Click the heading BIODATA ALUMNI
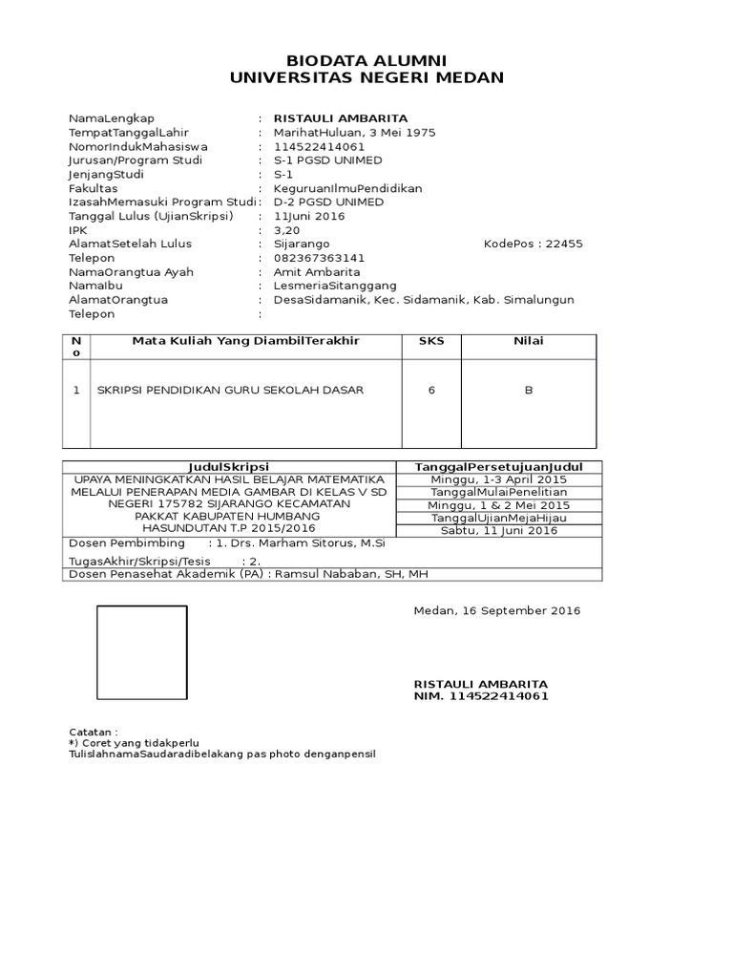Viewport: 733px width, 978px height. (367, 61)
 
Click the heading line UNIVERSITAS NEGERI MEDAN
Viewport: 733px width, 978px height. (367, 78)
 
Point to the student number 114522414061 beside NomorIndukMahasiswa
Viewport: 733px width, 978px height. (319, 147)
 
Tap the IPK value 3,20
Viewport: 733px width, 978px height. (286, 230)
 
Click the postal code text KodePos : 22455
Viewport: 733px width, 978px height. (534, 244)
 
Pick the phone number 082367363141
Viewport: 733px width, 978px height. (319, 258)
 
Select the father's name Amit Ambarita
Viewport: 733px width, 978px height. (314, 272)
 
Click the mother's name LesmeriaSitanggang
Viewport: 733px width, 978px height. (335, 286)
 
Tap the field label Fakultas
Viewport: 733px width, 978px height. (93, 188)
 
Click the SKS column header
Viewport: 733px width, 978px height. (431, 341)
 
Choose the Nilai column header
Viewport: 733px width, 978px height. (528, 341)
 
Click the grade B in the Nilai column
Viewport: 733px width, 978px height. (528, 390)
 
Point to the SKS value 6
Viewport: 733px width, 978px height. (431, 390)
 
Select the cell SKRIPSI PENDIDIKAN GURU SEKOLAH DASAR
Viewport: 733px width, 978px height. (230, 390)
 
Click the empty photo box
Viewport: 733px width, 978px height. (142, 653)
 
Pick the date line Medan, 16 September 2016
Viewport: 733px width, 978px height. (496, 611)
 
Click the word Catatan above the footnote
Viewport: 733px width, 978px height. (94, 730)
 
